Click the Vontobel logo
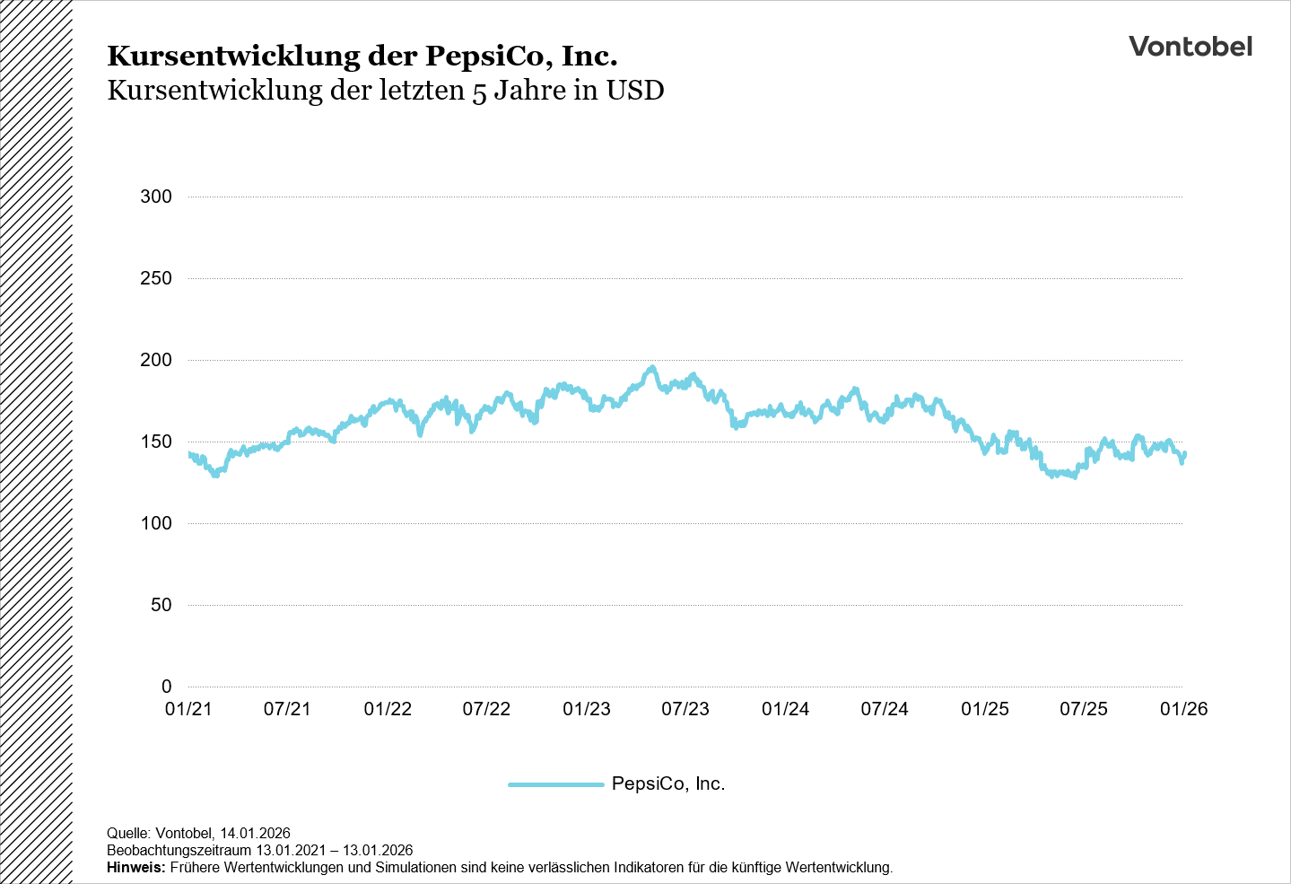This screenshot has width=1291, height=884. point(1190,47)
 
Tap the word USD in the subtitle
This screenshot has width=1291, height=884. point(635,91)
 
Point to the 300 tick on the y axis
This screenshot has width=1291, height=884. point(156,197)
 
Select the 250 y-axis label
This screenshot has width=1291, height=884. point(156,278)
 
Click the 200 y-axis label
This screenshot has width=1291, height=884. point(156,360)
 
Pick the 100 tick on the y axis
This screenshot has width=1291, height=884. point(156,523)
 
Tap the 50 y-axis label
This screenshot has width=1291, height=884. point(161,605)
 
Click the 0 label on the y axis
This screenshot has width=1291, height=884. point(166,687)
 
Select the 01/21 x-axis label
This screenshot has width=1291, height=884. point(188,709)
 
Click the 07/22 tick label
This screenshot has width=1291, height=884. point(486,709)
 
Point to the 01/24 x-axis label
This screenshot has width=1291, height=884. point(785,709)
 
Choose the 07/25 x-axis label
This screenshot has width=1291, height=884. point(1084,709)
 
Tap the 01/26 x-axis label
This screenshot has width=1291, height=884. point(1183,709)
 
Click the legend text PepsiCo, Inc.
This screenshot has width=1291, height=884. point(667,783)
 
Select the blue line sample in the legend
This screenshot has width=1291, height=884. point(555,784)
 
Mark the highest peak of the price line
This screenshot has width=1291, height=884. point(652,367)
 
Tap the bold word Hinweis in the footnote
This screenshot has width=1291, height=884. point(135,868)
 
